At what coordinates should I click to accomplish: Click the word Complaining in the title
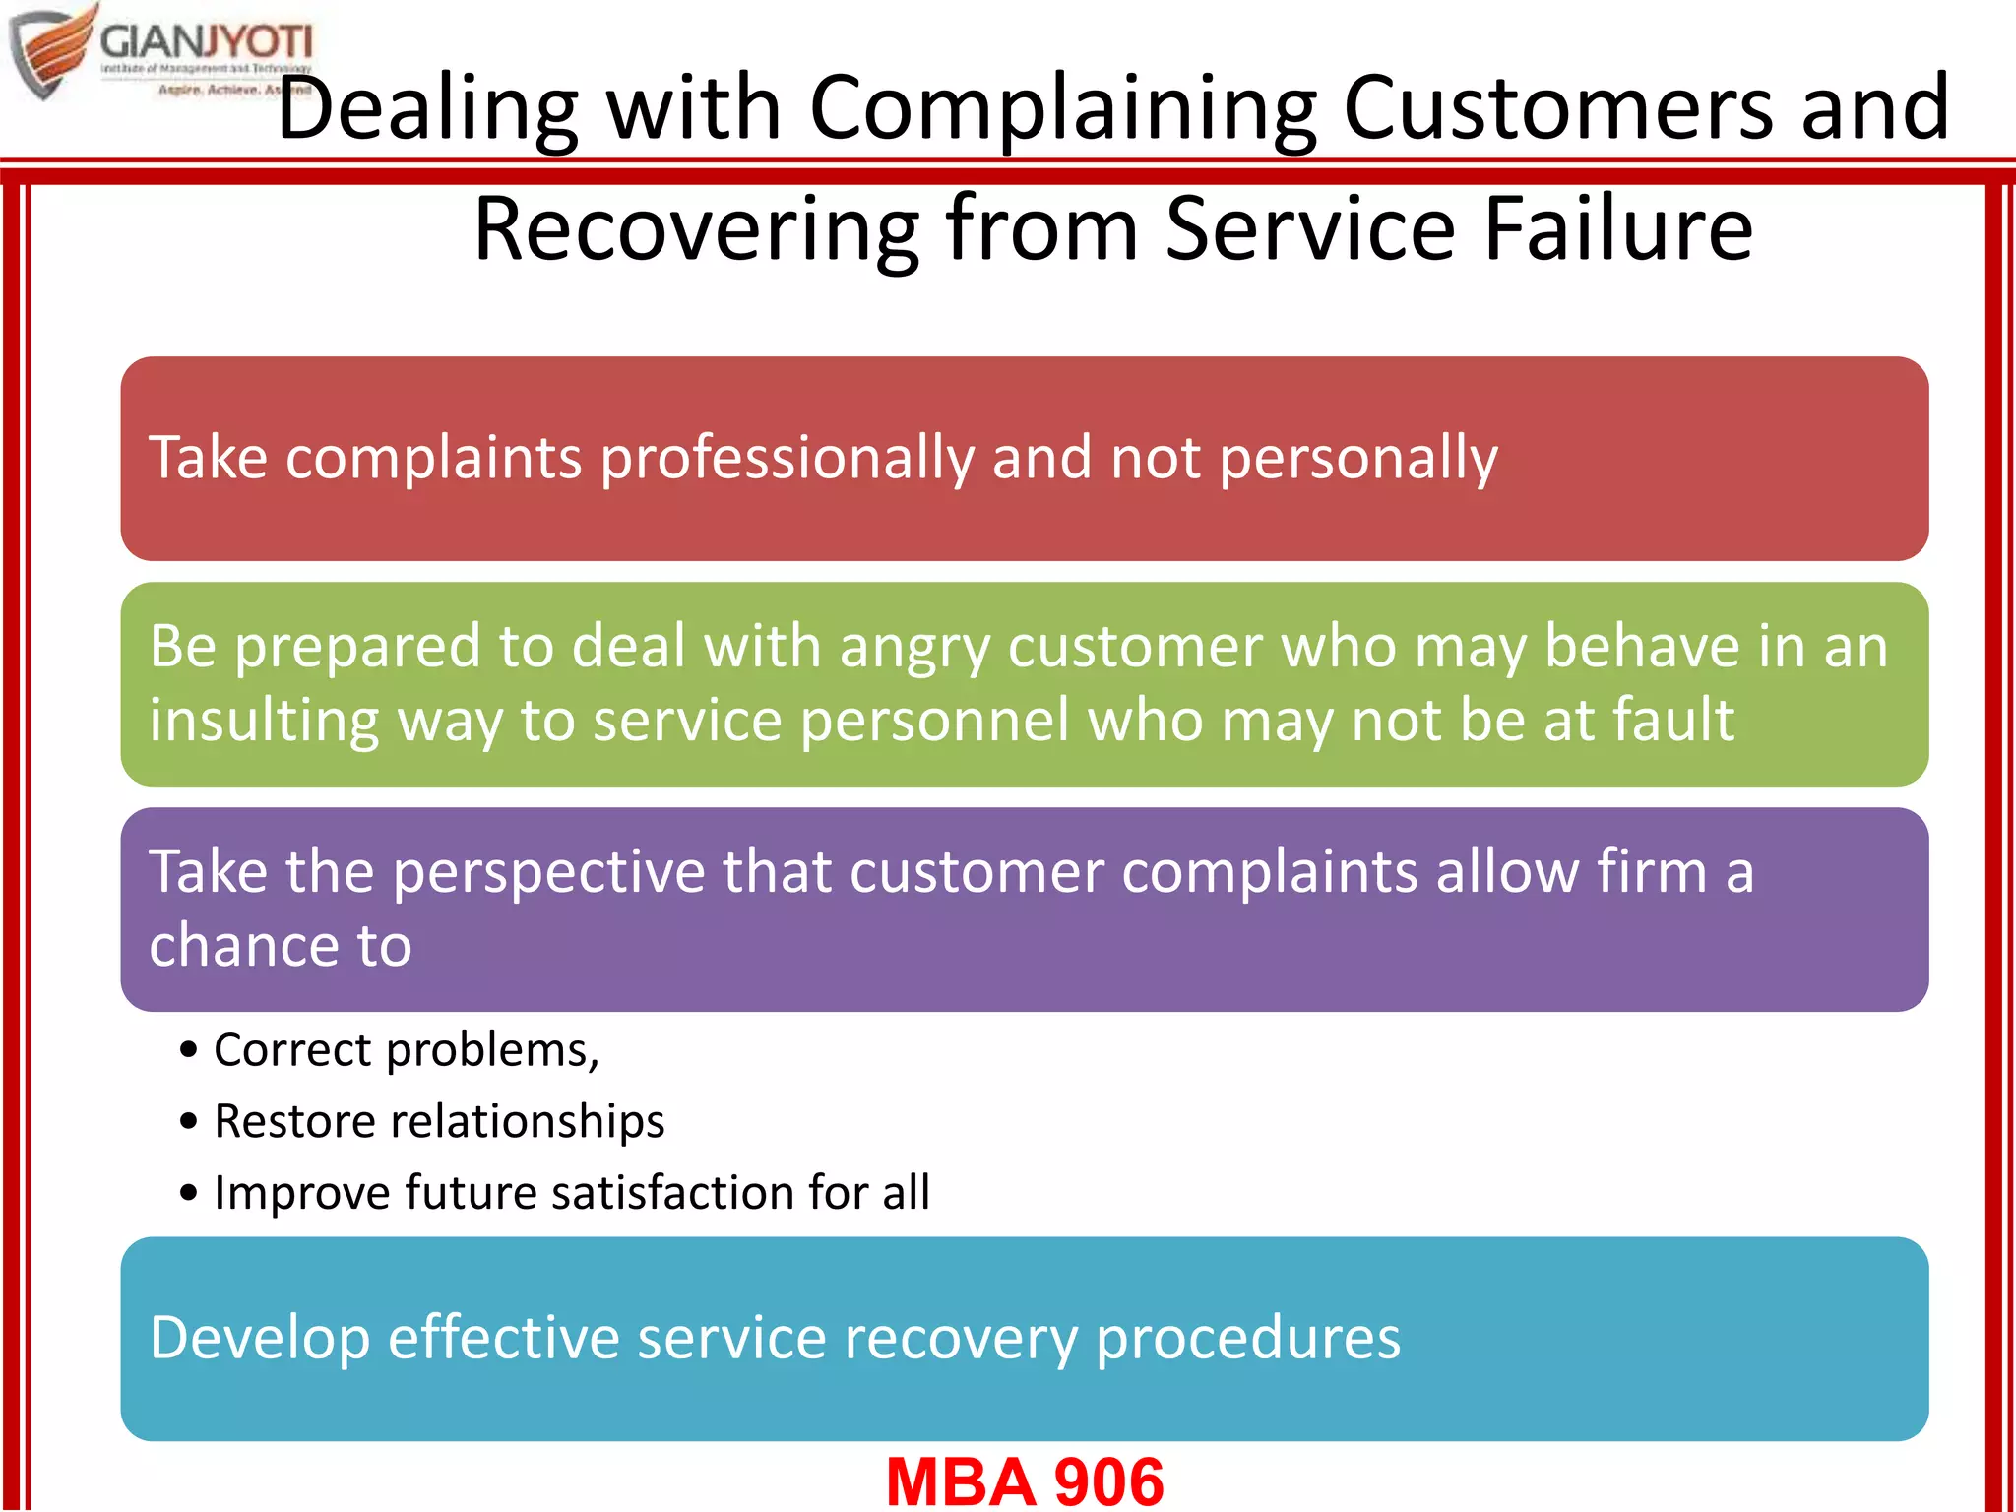[1062, 108]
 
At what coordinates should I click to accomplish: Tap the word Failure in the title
[1618, 228]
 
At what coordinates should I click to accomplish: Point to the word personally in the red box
[1358, 459]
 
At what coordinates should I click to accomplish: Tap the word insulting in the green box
[264, 721]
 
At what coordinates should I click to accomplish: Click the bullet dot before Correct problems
[189, 1050]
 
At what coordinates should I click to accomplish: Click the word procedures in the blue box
[1247, 1339]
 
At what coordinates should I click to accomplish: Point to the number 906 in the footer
[1108, 1481]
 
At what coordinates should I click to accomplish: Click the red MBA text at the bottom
[960, 1481]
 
